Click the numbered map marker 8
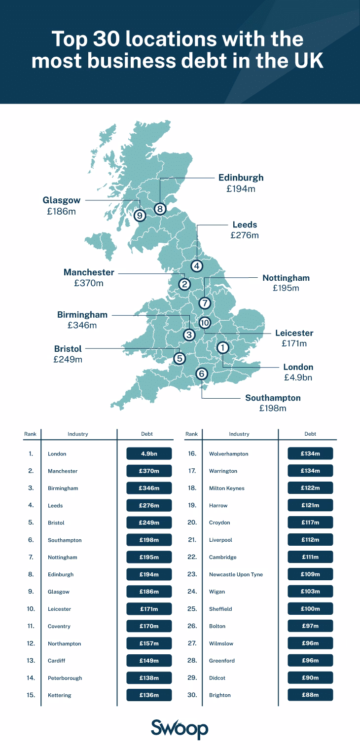coord(160,209)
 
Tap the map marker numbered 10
coord(205,323)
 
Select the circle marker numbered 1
coord(223,347)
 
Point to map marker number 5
coord(179,358)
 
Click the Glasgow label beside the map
coord(61,200)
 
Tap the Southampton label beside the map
coord(273,398)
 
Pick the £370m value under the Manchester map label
coord(89,283)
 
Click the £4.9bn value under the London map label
coord(298,377)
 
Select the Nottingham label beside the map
coord(286,278)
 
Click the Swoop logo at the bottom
coord(180,728)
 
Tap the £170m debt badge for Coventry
coord(149,626)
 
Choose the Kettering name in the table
coord(60,695)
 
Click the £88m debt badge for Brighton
coord(310,695)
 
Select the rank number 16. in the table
coord(192,453)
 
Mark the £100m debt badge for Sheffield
coord(310,609)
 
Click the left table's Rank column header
coord(30,434)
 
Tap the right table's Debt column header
coord(310,434)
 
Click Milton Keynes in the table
coord(227,488)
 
